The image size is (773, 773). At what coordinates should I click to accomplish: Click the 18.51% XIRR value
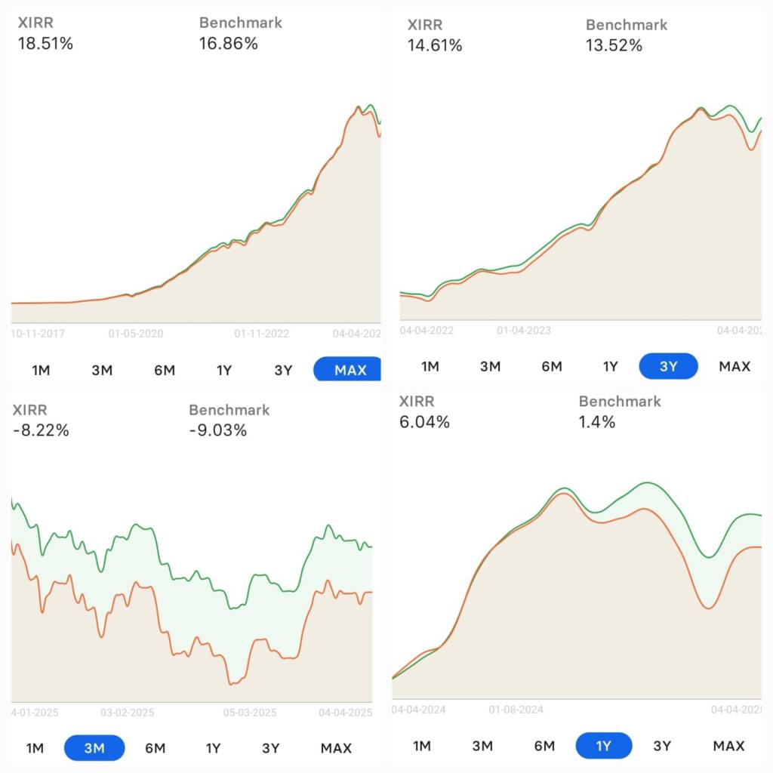(x=45, y=44)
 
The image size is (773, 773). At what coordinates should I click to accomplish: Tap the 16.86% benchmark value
(x=228, y=44)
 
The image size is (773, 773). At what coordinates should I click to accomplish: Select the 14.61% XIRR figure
(x=434, y=45)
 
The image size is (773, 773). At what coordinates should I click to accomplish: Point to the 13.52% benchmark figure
(x=614, y=45)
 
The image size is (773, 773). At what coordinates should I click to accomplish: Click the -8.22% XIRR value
(x=41, y=430)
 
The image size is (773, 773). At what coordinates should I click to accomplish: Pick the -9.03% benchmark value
(x=217, y=430)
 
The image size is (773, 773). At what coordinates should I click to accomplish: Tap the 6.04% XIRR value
(x=424, y=422)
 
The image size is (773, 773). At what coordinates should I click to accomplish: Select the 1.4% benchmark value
(x=597, y=422)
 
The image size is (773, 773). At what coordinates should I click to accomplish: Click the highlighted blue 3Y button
(x=668, y=366)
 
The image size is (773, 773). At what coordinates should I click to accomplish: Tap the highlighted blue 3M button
(x=94, y=748)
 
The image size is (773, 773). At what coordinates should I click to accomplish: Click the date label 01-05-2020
(x=135, y=332)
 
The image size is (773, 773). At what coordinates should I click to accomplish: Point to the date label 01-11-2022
(x=262, y=332)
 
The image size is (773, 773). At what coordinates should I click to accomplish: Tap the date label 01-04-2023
(x=523, y=330)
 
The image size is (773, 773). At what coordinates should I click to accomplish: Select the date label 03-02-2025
(x=127, y=712)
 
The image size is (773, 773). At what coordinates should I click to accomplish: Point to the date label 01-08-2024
(x=516, y=710)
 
